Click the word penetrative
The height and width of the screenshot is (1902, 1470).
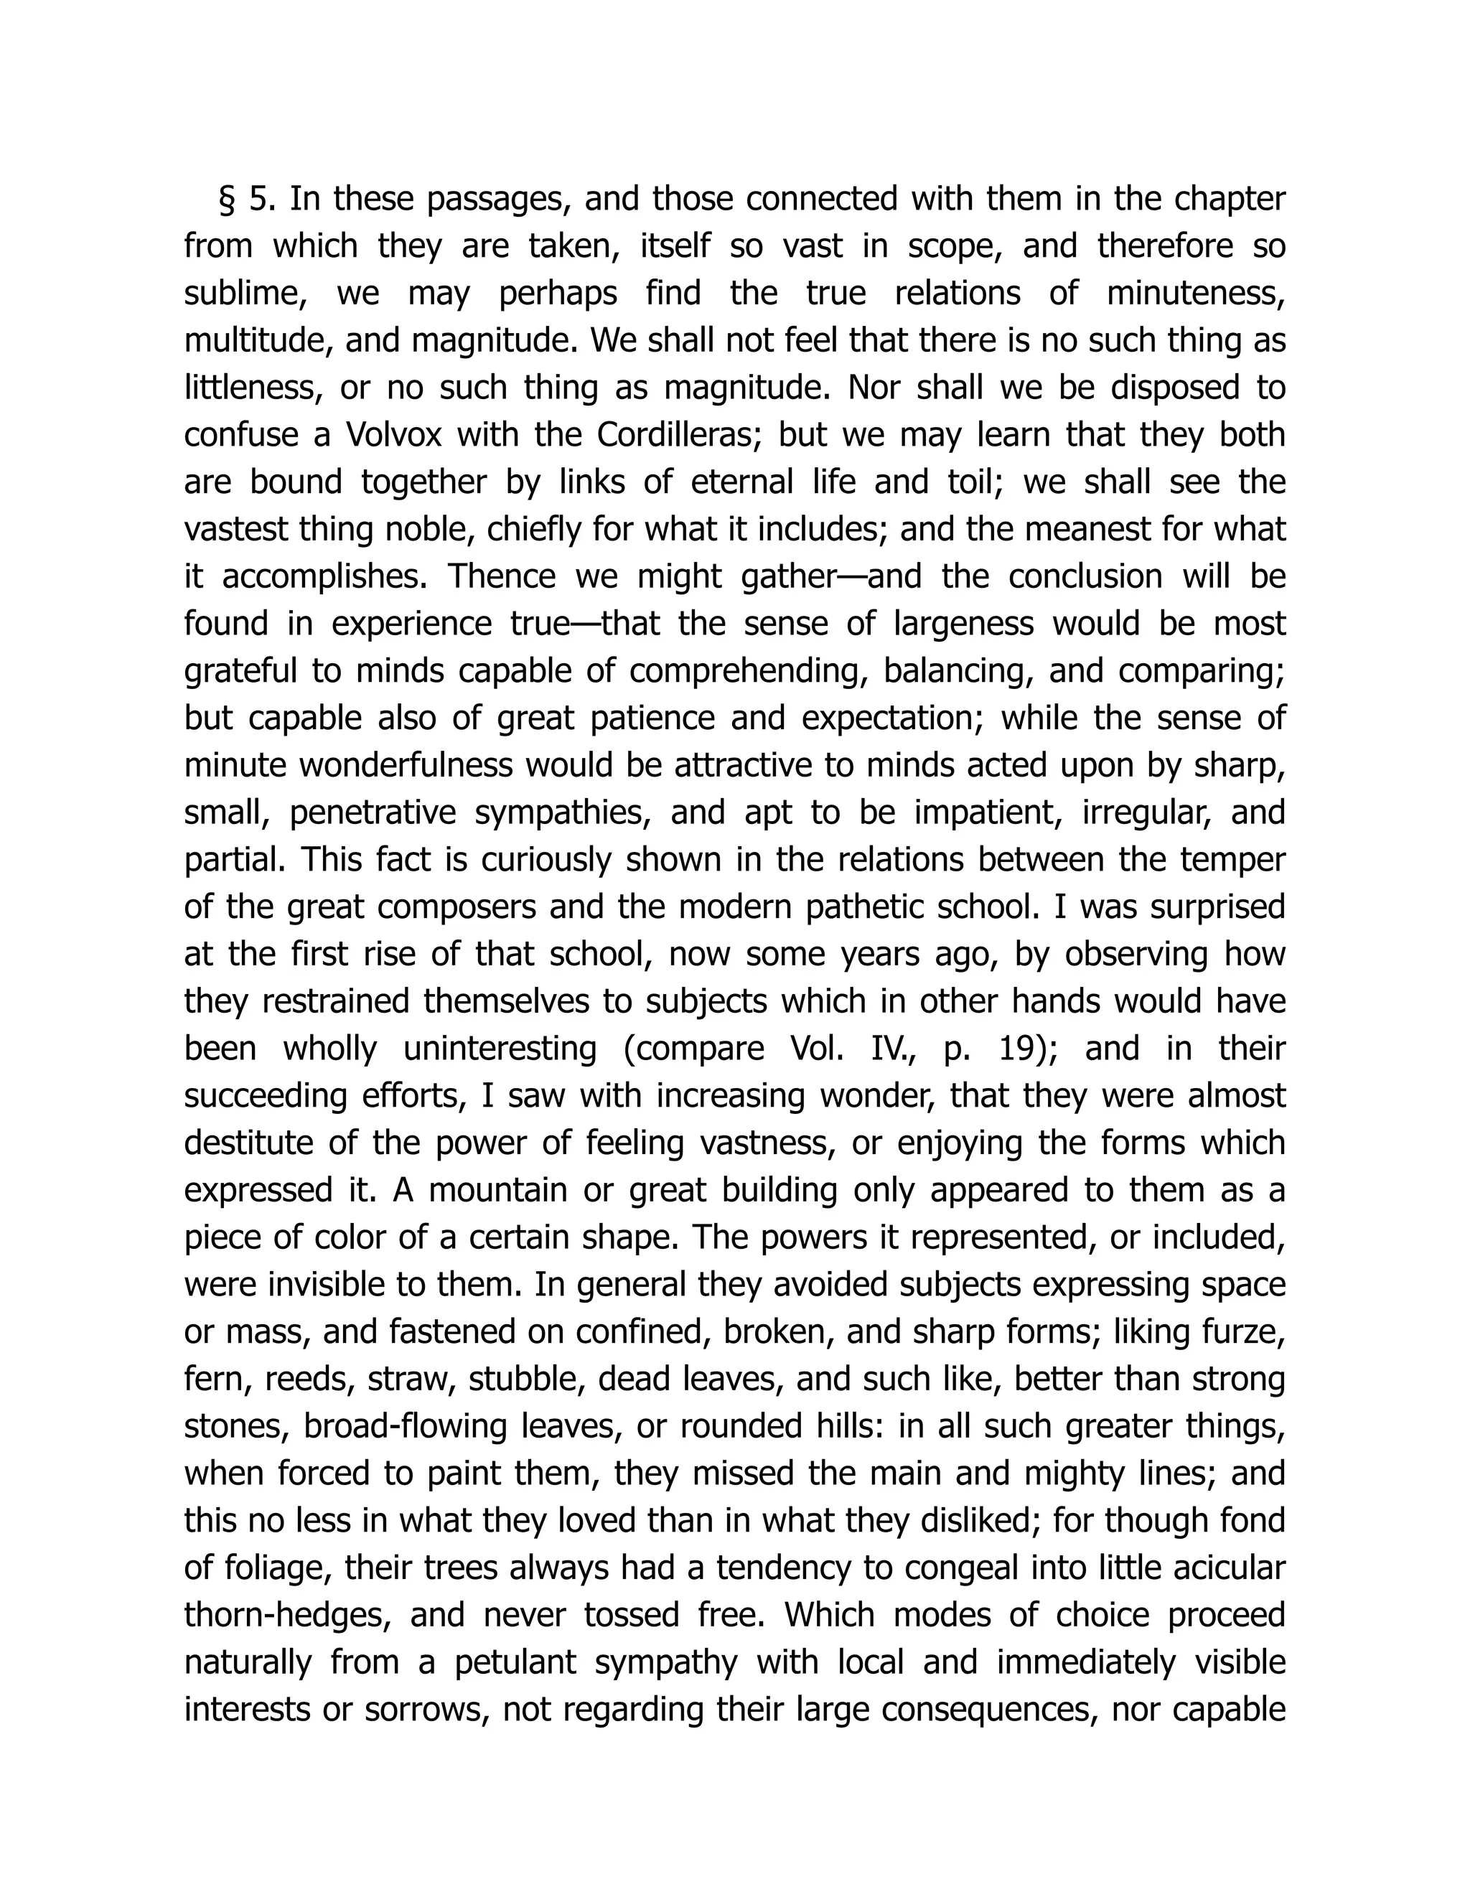pyautogui.click(x=373, y=812)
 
